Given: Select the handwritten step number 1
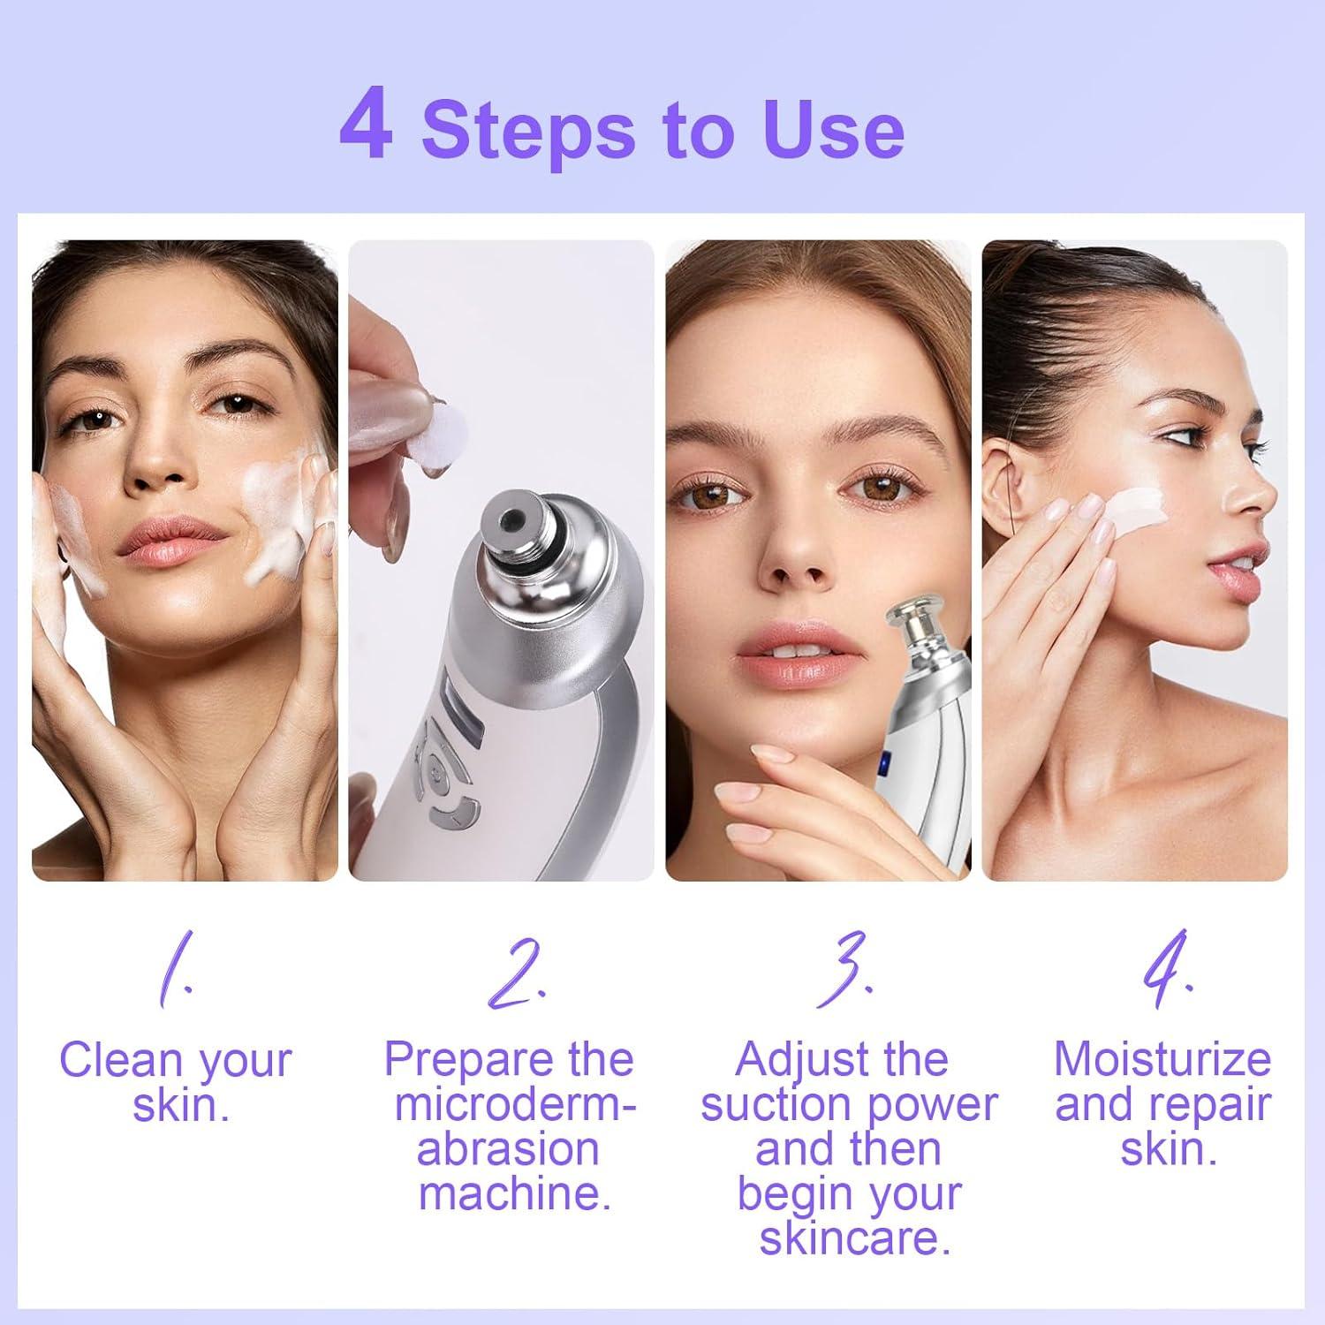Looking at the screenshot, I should (x=173, y=972).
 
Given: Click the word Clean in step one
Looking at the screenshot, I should (x=121, y=1060).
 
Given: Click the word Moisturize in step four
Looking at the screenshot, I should (x=1162, y=1059).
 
